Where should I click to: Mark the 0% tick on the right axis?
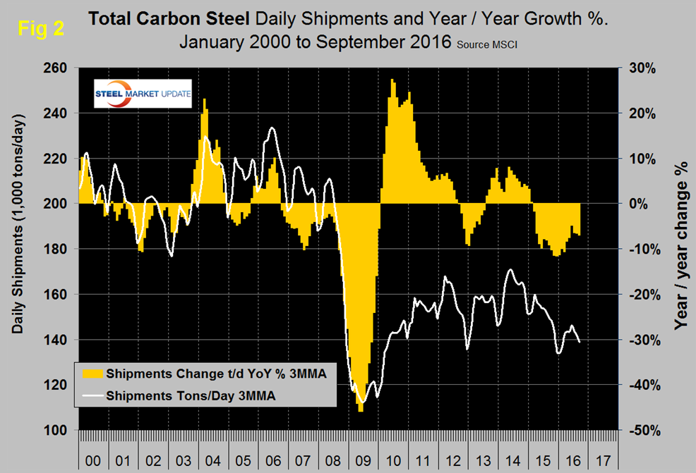pos(640,204)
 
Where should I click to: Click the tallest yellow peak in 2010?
pos(392,80)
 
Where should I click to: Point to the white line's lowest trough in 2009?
pos(363,402)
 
